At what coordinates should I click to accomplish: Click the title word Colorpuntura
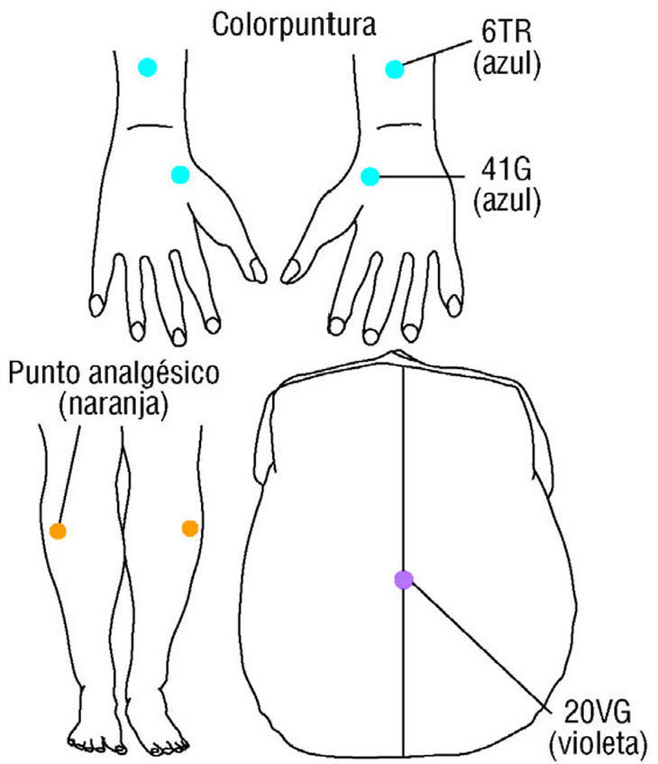click(x=294, y=23)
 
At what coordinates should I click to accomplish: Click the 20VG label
click(x=598, y=716)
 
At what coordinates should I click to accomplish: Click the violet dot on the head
click(x=403, y=580)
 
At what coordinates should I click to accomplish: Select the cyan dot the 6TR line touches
click(x=393, y=69)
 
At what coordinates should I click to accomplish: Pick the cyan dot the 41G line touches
click(x=369, y=176)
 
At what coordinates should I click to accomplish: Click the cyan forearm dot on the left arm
click(x=147, y=67)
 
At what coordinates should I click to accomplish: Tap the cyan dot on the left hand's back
click(x=179, y=174)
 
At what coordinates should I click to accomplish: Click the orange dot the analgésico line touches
click(x=58, y=530)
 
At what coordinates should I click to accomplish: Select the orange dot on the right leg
click(x=189, y=528)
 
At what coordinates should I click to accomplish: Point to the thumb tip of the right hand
click(x=290, y=269)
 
